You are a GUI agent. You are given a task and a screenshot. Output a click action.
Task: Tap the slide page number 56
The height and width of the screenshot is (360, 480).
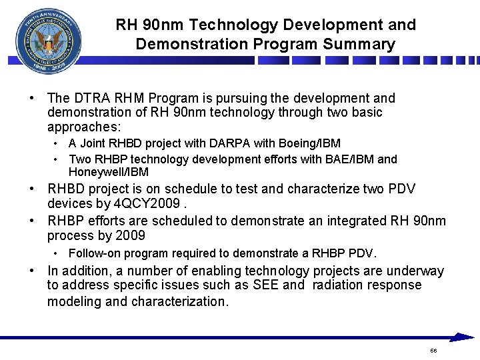tap(433, 351)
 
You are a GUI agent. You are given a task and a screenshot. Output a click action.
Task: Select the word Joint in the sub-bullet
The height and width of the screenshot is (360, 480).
tap(92, 143)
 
